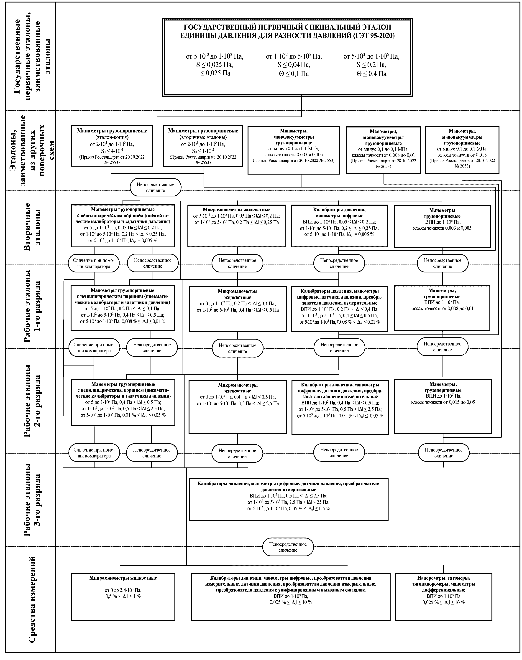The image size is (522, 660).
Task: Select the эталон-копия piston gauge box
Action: [x=112, y=146]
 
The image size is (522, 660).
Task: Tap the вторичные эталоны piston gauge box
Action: [x=203, y=146]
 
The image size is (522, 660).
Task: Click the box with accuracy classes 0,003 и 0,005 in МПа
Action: [x=293, y=150]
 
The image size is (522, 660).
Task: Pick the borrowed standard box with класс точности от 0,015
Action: [x=462, y=150]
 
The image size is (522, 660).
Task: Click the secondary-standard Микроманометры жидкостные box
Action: [x=236, y=226]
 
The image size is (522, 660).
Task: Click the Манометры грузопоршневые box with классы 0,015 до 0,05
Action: [x=443, y=406]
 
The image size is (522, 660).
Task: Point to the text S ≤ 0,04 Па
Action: [x=294, y=65]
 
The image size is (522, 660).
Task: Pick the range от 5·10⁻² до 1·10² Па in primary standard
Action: [x=215, y=56]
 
